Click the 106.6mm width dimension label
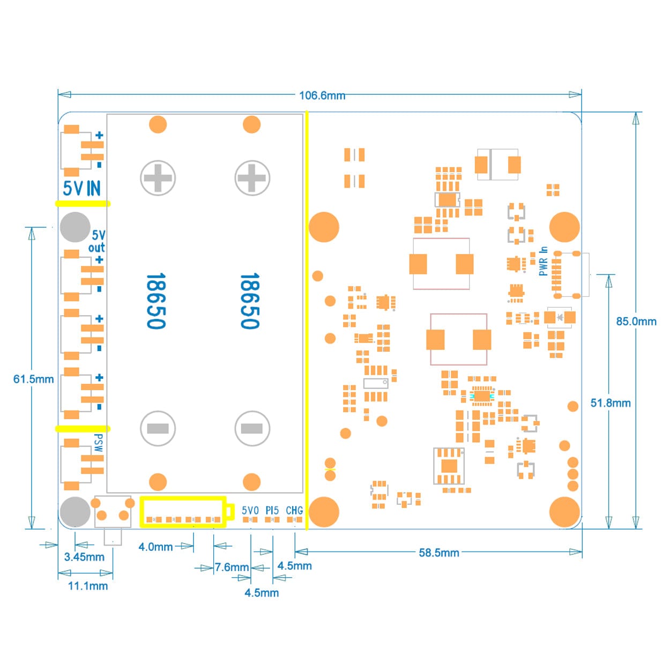coord(322,95)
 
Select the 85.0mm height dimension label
coord(636,321)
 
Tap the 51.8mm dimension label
coord(610,403)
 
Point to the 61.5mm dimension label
coord(33,379)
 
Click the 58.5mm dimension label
coord(438,553)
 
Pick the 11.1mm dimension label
coord(87,586)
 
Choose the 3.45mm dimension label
coord(84,557)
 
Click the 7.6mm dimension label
coord(232,567)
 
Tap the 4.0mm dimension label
coord(155,547)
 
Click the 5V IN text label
coord(81,188)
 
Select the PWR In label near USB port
coord(544,261)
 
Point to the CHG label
coord(294,510)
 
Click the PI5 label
coord(272,510)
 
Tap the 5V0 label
coord(250,510)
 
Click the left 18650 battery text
coord(156,301)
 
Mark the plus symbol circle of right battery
coord(252,178)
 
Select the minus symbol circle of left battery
coord(158,428)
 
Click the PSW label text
coord(98,443)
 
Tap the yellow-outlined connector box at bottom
coord(183,512)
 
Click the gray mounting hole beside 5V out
coord(75,227)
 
